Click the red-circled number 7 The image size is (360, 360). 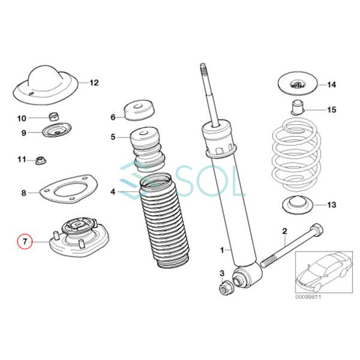click(25, 241)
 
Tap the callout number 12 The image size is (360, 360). click(94, 83)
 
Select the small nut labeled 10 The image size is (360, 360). click(55, 116)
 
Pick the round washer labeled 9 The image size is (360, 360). click(57, 130)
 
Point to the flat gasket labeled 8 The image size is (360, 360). click(68, 189)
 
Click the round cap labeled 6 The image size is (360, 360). click(139, 110)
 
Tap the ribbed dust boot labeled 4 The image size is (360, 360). click(164, 220)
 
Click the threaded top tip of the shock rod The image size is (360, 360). click(203, 68)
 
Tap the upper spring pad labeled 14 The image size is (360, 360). click(298, 84)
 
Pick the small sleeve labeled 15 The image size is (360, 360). click(298, 107)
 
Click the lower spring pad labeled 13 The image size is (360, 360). click(298, 205)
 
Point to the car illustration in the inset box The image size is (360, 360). click(324, 272)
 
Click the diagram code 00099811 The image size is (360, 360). click(308, 297)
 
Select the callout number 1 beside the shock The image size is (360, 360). click(222, 250)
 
